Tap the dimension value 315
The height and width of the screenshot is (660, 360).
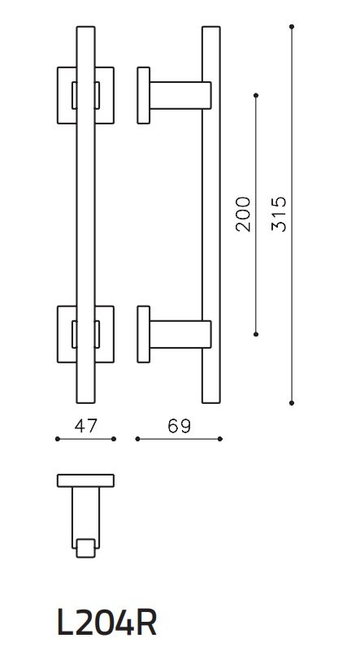279,214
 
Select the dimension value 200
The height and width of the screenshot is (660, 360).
243,214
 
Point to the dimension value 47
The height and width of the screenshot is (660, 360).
85,426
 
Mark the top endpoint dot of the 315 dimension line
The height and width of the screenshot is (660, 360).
292,27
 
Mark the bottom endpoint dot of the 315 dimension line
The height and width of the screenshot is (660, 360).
292,402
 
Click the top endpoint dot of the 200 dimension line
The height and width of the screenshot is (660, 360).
256,95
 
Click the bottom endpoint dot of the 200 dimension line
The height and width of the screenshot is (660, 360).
256,333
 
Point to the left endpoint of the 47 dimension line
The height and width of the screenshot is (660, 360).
57,439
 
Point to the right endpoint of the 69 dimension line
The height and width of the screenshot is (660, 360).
220,439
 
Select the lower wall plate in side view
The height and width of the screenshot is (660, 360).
143,334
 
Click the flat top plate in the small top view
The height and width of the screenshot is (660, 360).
85,480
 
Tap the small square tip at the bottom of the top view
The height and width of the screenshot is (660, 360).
85,549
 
